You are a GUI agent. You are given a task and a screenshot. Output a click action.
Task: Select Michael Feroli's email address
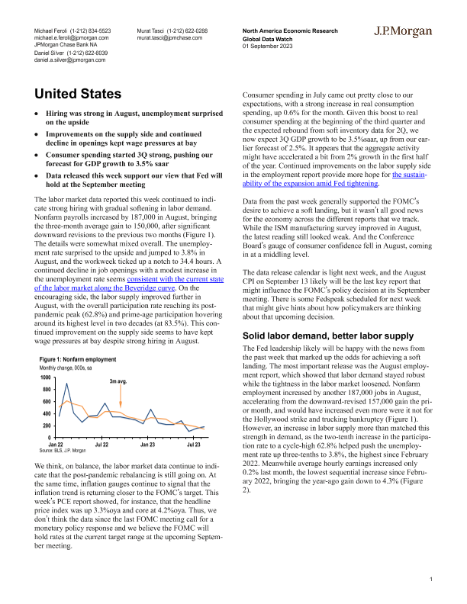(71, 37)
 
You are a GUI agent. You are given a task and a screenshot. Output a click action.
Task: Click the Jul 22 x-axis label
(102, 444)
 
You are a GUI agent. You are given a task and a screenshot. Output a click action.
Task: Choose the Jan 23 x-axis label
(148, 444)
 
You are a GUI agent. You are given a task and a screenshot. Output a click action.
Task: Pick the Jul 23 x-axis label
(193, 444)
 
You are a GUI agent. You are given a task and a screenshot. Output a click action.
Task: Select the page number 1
(431, 580)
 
